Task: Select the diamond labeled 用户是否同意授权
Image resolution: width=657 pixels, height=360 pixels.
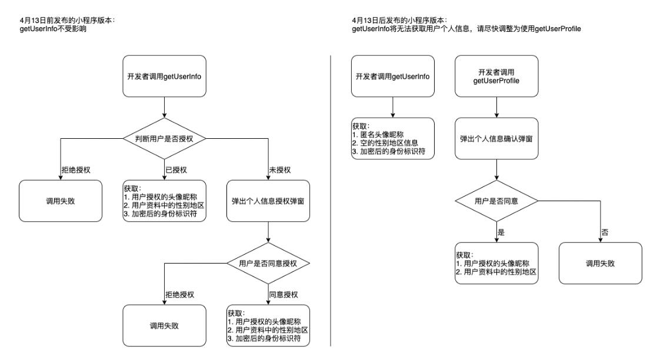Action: point(268,263)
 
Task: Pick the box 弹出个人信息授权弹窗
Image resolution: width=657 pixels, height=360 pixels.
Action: point(268,201)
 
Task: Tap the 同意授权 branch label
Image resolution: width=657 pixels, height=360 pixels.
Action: point(283,294)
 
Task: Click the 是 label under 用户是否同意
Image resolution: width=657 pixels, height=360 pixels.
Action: point(501,232)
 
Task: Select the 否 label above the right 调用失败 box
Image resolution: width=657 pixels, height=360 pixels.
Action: point(605,232)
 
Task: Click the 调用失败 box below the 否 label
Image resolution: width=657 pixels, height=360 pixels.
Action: point(600,263)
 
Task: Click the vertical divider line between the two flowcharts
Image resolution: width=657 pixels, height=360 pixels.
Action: point(331,200)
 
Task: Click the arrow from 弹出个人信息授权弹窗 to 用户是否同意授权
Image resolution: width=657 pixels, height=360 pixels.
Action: point(268,232)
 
